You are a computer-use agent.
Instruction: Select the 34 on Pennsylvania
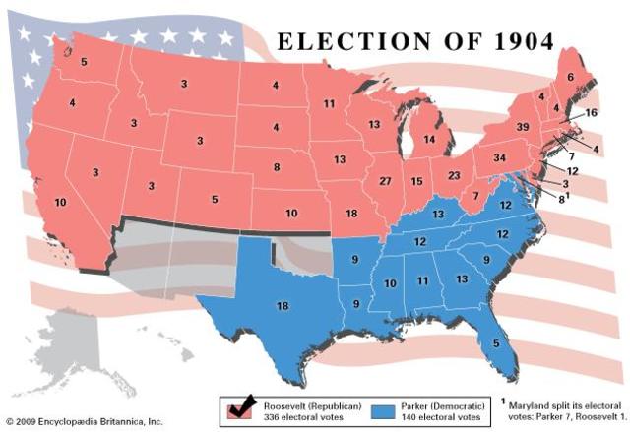click(499, 157)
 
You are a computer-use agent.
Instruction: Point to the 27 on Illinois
click(385, 181)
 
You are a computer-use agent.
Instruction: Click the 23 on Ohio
click(455, 175)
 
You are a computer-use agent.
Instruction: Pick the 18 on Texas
click(283, 307)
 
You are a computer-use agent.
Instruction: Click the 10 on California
click(60, 203)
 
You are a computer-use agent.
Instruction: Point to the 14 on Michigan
click(428, 140)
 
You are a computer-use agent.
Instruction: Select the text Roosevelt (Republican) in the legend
click(299, 403)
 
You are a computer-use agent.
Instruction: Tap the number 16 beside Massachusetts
click(590, 113)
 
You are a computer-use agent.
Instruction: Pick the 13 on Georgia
click(462, 279)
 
